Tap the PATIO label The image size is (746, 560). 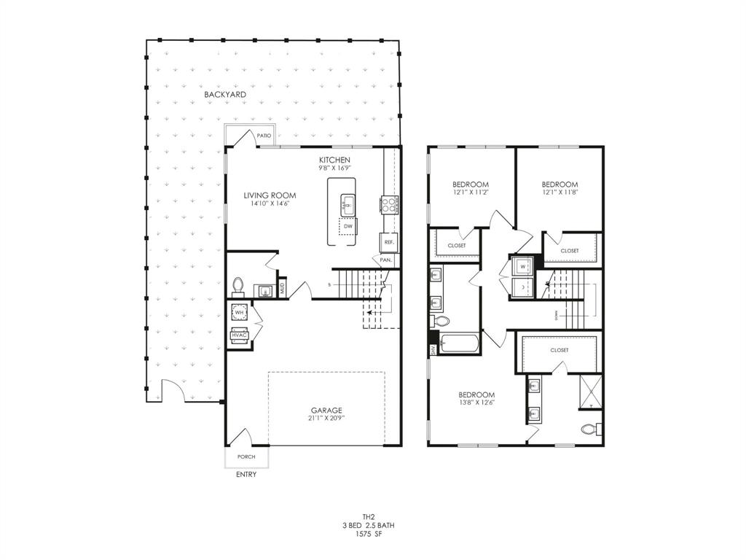(x=264, y=136)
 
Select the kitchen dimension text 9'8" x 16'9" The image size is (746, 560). (x=334, y=168)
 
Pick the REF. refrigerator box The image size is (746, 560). (x=389, y=242)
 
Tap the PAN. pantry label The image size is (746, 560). (x=385, y=260)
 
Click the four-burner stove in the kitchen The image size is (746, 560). (x=388, y=205)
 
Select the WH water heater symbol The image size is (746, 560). (x=239, y=312)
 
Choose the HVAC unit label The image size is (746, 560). (x=239, y=335)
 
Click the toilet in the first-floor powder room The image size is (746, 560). (x=237, y=285)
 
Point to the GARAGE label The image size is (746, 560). (x=326, y=411)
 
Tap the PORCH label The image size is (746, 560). (x=246, y=456)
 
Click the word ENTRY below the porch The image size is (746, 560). (x=246, y=475)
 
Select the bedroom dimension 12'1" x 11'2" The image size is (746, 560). (x=470, y=193)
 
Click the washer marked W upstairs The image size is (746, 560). (x=522, y=266)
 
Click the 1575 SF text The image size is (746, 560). (x=369, y=534)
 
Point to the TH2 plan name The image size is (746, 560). (x=369, y=516)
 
